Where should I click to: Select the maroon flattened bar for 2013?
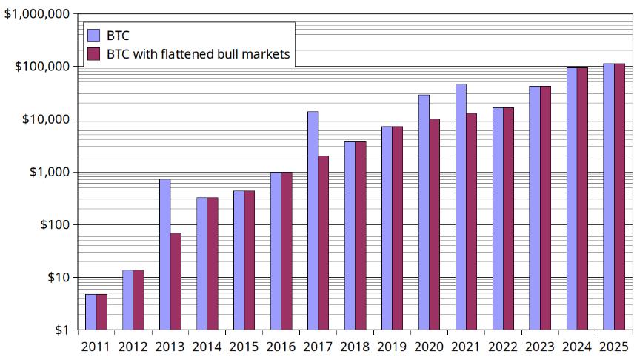tap(176, 281)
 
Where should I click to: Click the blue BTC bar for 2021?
tap(461, 207)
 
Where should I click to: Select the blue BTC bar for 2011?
tap(90, 312)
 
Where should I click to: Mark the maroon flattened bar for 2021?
tap(472, 221)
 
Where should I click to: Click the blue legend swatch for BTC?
tap(94, 34)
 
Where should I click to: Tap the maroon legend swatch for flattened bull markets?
tap(94, 54)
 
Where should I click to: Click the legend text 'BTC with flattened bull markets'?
tap(198, 54)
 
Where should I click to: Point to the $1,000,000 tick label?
tap(37, 13)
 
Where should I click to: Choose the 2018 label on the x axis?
tap(355, 346)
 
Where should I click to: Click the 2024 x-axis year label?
tap(577, 346)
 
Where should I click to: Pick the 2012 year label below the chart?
tap(133, 346)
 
